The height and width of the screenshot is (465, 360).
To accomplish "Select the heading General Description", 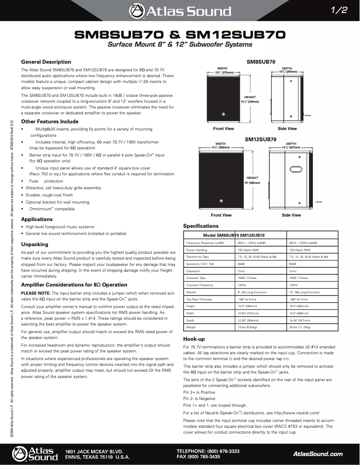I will tap(46, 62).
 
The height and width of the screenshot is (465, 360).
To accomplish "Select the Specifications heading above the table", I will tap(201, 226).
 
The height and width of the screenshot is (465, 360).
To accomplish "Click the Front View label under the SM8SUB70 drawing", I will tap(224, 129).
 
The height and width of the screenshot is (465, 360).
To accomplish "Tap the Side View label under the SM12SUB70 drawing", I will tap(291, 215).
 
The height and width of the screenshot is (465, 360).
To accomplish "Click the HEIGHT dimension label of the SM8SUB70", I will tap(250, 97).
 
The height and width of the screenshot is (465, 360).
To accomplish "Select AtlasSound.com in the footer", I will tap(317, 454).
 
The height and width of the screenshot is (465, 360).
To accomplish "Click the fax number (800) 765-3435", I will tap(204, 456).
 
